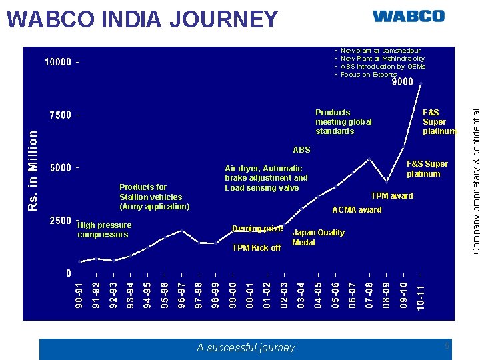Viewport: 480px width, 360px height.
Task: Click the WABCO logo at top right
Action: [408, 16]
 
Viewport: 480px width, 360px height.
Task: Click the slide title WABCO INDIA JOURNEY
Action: [142, 19]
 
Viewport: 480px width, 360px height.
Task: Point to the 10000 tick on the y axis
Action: [58, 63]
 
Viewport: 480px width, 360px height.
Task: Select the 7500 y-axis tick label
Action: [61, 115]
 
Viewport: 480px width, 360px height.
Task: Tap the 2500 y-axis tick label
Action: [61, 221]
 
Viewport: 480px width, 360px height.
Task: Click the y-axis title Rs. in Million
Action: [33, 171]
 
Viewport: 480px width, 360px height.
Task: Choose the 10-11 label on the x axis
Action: [421, 295]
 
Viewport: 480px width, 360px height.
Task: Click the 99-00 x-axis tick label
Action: [233, 295]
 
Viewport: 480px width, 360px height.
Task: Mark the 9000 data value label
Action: [402, 83]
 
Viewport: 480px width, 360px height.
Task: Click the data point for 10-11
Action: [421, 82]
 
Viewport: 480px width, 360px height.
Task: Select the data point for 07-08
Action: [369, 159]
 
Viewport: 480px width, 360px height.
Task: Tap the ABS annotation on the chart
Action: [301, 150]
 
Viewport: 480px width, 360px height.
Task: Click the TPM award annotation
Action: [391, 196]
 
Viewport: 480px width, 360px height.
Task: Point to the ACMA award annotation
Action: [357, 210]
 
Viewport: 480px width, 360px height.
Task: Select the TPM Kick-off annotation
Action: [256, 248]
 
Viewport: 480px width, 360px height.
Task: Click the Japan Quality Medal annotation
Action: [318, 237]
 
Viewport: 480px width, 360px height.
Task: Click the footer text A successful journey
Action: [245, 347]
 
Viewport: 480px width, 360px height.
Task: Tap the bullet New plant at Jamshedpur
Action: [380, 50]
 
